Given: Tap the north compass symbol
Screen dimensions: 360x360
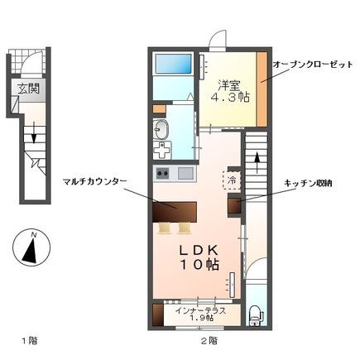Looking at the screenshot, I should coord(30,247).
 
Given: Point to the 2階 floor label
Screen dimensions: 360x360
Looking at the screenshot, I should coord(208,340).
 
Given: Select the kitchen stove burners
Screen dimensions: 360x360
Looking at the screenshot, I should coord(161,173).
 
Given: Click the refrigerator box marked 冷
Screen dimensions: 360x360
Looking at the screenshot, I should coord(232,177).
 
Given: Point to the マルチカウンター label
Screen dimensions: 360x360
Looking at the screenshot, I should coord(90,180).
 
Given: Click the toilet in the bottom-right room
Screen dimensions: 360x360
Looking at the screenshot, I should coord(254,314).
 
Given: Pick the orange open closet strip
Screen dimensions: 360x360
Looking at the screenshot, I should coord(262,89).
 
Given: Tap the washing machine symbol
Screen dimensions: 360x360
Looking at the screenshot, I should coord(163,150).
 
